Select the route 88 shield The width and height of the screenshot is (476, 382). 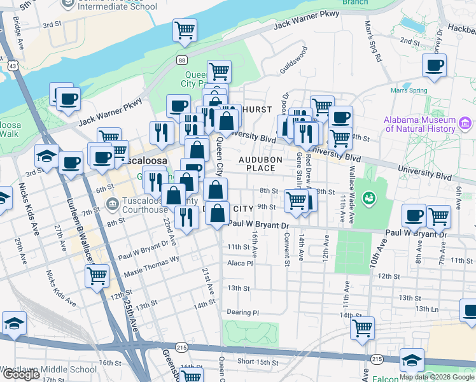183,60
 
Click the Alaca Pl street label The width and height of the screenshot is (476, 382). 240,262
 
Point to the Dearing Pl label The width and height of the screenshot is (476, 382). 243,313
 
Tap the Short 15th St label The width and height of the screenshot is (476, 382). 255,362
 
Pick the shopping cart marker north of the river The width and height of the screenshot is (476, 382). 185,29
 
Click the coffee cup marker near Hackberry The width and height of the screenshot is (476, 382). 434,65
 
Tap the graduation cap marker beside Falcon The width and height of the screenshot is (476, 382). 412,360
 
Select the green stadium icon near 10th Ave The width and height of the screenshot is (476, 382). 368,199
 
